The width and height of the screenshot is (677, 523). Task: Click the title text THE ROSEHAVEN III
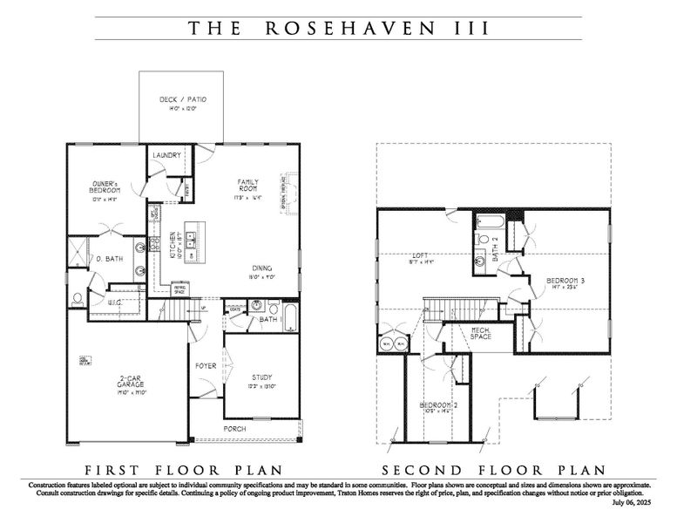tap(338, 28)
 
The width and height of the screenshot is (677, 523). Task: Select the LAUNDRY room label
tap(166, 155)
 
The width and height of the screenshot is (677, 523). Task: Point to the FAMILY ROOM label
tap(250, 187)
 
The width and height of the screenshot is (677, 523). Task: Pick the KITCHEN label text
tap(173, 243)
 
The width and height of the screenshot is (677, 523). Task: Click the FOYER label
tap(206, 366)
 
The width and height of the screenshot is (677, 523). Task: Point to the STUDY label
tap(263, 377)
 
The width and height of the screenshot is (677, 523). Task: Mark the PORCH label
tap(234, 430)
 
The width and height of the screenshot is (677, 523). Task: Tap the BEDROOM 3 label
tap(565, 281)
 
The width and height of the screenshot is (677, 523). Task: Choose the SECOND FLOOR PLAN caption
tap(493, 467)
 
